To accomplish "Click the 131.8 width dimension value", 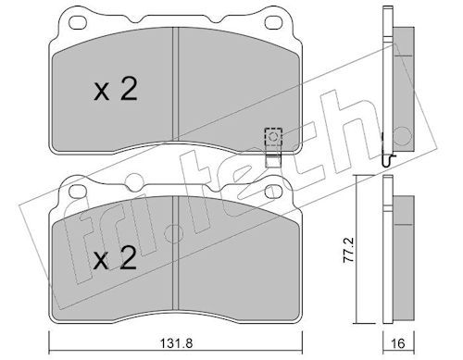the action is (x=176, y=342).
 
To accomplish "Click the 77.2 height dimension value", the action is (x=349, y=250).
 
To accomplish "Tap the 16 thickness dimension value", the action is (x=398, y=342).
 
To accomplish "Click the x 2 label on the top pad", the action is (x=115, y=89).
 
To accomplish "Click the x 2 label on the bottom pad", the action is (x=115, y=258).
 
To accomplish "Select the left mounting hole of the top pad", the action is (x=78, y=22).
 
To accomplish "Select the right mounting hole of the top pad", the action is (x=274, y=22).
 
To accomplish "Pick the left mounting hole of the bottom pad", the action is (x=78, y=192).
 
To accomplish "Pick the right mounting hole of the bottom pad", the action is (x=274, y=192).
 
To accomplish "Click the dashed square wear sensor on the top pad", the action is (x=273, y=137).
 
